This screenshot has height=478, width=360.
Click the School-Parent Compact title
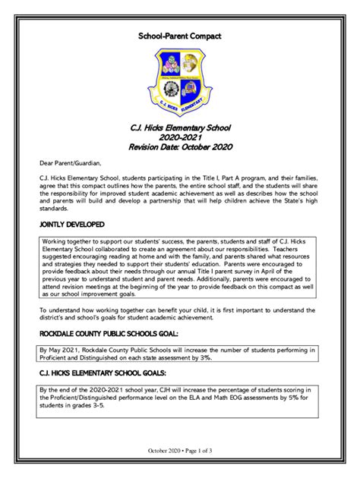180,36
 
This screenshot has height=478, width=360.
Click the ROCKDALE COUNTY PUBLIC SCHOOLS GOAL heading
109,333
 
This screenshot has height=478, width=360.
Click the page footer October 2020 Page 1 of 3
180,452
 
